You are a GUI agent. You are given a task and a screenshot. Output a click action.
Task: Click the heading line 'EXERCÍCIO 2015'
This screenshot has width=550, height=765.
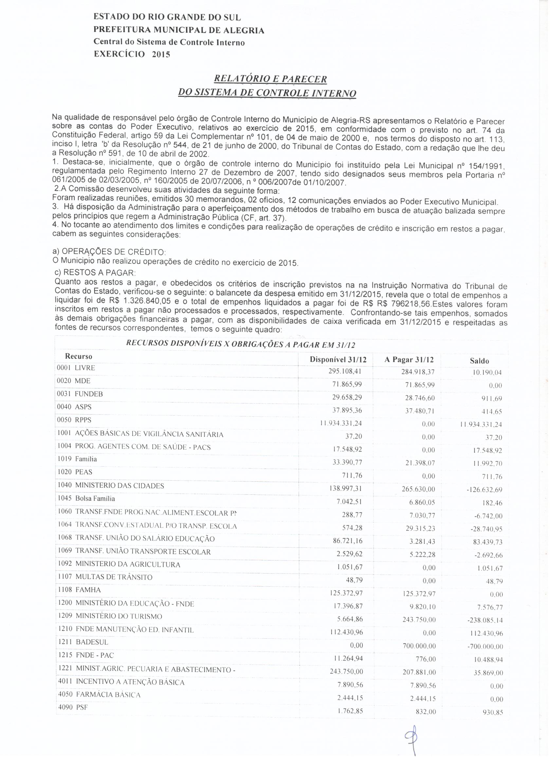tap(132, 54)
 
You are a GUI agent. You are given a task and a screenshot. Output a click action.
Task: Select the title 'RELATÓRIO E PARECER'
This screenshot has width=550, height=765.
tap(271, 79)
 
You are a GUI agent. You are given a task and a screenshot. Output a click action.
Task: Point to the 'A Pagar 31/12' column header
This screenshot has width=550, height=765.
tap(409, 360)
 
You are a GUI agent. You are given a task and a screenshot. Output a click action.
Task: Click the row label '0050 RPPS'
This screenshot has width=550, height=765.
tap(75, 420)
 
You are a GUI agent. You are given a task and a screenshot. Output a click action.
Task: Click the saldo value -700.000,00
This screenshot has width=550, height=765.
tap(485, 647)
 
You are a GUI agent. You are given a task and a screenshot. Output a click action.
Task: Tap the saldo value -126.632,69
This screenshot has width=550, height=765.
tap(484, 489)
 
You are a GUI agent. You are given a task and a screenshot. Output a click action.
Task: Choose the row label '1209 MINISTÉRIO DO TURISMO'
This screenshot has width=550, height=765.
tap(110, 616)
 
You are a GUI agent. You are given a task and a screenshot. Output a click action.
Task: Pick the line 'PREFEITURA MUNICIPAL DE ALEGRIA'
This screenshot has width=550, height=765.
tap(178, 30)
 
